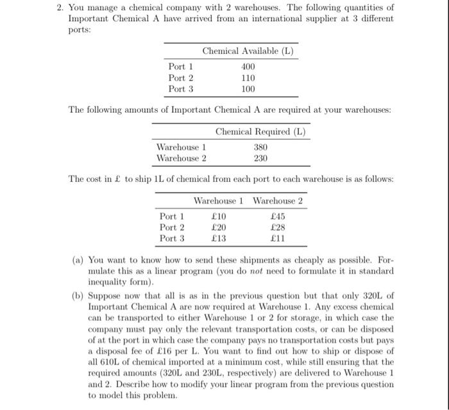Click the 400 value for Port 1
click(x=248, y=67)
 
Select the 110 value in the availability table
click(x=248, y=78)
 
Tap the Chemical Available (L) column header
click(x=248, y=51)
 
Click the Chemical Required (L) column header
click(x=260, y=132)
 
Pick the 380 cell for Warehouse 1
click(x=260, y=147)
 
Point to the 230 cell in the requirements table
click(x=260, y=158)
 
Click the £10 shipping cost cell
click(x=219, y=217)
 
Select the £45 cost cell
click(x=277, y=217)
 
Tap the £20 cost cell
click(x=219, y=227)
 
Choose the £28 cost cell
click(x=277, y=227)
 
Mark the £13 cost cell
click(x=219, y=238)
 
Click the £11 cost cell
click(x=277, y=238)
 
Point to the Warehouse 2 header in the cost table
click(x=277, y=201)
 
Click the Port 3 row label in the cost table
click(x=173, y=238)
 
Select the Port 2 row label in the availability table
click(x=181, y=78)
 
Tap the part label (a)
click(x=78, y=260)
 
